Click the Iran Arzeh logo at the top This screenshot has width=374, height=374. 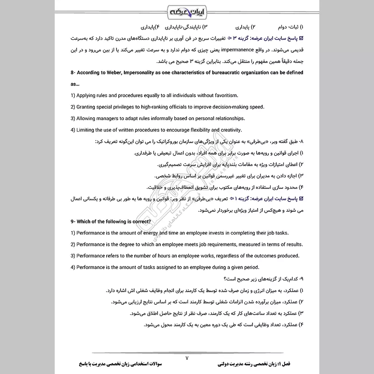(187, 10)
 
